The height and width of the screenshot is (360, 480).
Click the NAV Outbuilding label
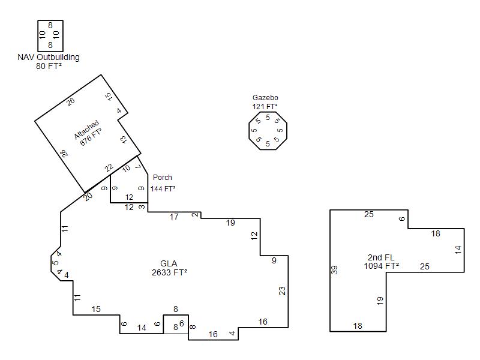pyautogui.click(x=49, y=57)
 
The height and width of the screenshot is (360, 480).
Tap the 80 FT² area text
pyautogui.click(x=49, y=66)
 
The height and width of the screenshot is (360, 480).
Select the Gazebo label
pyautogui.click(x=265, y=98)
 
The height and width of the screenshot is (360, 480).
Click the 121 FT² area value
pyautogui.click(x=265, y=106)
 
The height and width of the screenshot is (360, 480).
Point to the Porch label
pyautogui.click(x=162, y=177)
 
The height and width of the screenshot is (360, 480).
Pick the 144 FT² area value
pyautogui.click(x=163, y=188)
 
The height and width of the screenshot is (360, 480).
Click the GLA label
pyautogui.click(x=169, y=263)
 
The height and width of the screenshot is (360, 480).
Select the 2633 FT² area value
pyautogui.click(x=169, y=272)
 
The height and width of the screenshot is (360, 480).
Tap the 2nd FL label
pyautogui.click(x=381, y=257)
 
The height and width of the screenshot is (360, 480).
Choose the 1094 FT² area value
pyautogui.click(x=382, y=266)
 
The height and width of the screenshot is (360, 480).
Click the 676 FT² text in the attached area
pyautogui.click(x=91, y=137)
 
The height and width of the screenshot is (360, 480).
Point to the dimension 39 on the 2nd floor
pyautogui.click(x=335, y=269)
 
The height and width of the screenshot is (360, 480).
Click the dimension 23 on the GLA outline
pyautogui.click(x=282, y=290)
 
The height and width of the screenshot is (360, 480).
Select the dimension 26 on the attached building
pyautogui.click(x=71, y=101)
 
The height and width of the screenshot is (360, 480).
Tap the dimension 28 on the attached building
pyautogui.click(x=64, y=154)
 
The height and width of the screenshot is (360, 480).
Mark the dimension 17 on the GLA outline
pyautogui.click(x=174, y=217)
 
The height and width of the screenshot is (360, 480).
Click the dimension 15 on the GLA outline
pyautogui.click(x=96, y=309)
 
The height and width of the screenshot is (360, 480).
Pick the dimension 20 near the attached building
pyautogui.click(x=88, y=197)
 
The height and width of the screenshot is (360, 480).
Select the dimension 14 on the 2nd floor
pyautogui.click(x=458, y=250)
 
